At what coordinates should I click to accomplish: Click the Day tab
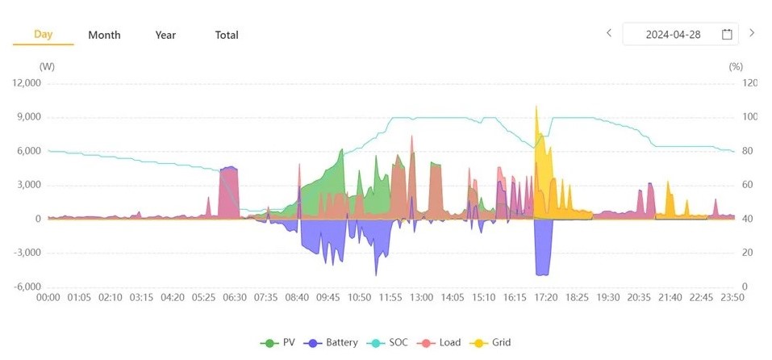(x=43, y=34)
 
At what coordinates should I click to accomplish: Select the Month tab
(x=104, y=35)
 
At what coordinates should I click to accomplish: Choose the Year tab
(x=165, y=35)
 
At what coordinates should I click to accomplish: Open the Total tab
(x=227, y=35)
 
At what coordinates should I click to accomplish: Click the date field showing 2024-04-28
(x=673, y=34)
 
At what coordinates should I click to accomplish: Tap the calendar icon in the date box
(x=727, y=34)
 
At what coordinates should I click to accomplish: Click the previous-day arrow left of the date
(x=609, y=33)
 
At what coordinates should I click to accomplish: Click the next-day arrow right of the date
(x=752, y=33)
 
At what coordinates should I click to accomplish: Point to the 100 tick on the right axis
(x=750, y=117)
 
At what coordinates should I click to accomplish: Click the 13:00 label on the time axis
(x=421, y=298)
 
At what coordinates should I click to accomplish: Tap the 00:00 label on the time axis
(x=48, y=298)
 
